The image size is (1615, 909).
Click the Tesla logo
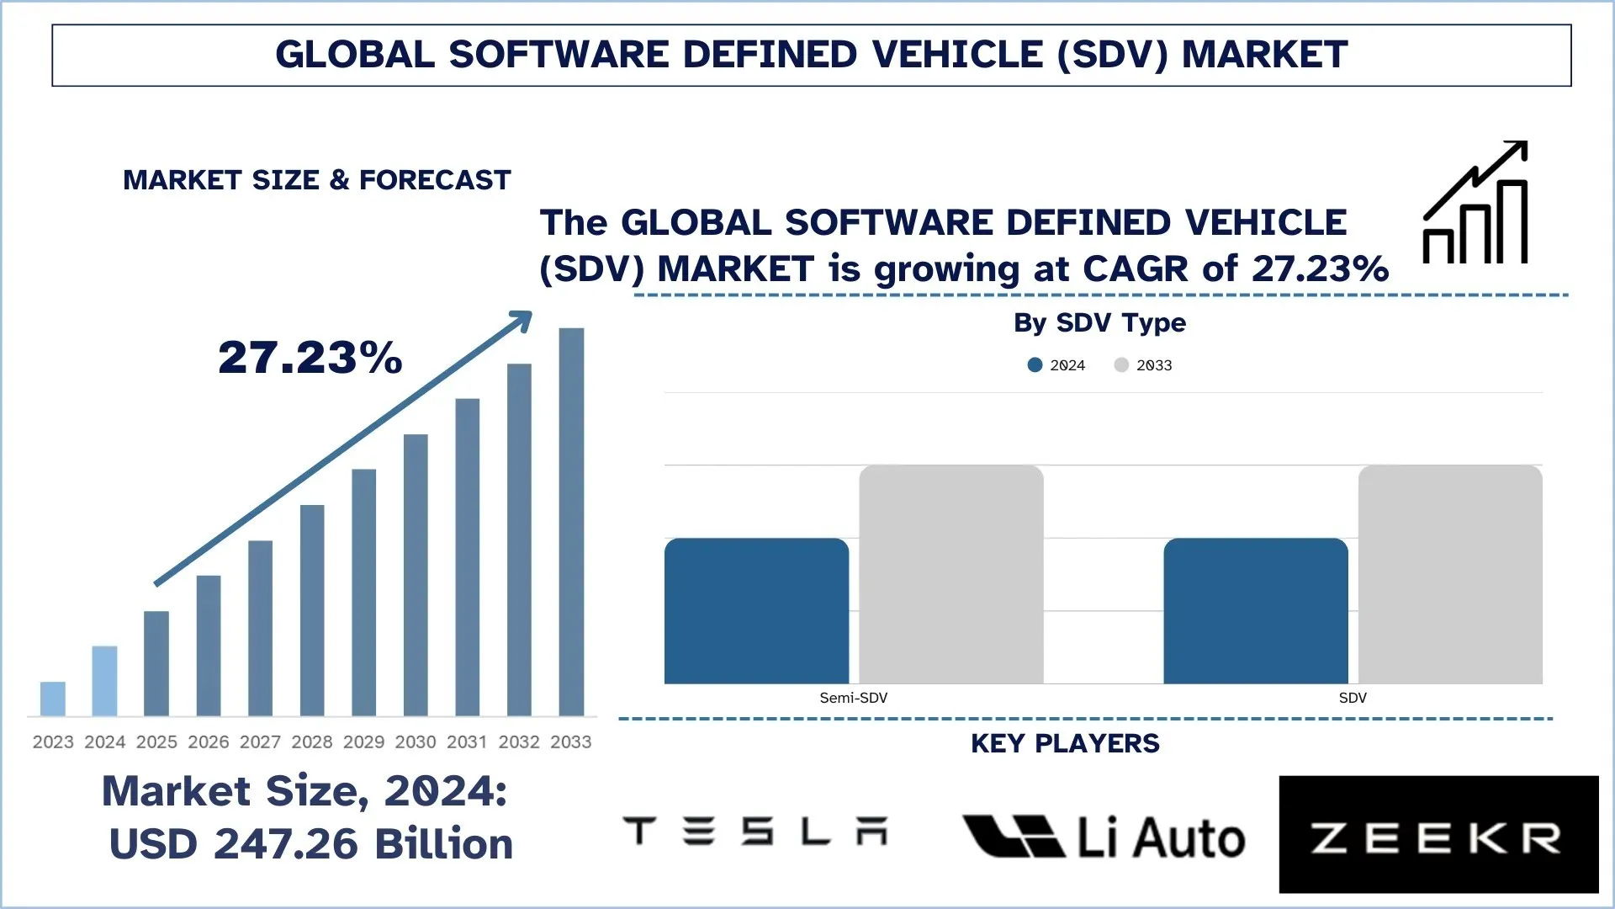click(x=755, y=832)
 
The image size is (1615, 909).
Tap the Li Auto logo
click(x=1103, y=837)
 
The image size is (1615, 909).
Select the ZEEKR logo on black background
click(x=1438, y=835)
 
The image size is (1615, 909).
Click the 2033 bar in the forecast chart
click(x=571, y=522)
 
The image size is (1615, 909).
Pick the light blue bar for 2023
click(x=53, y=699)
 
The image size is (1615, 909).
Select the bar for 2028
click(x=312, y=610)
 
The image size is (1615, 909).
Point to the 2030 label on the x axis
click(x=416, y=742)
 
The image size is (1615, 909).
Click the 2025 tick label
click(x=156, y=742)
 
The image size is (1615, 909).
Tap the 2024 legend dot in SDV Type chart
click(x=1035, y=365)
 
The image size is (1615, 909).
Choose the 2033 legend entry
click(x=1143, y=365)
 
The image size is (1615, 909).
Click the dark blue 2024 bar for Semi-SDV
click(x=756, y=611)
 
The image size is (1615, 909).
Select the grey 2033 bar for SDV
click(x=1449, y=574)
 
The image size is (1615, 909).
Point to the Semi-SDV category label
click(x=853, y=698)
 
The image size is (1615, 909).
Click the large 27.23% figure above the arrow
click(x=310, y=357)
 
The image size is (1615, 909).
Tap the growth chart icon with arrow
click(x=1475, y=204)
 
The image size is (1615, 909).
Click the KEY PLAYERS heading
click(x=1065, y=744)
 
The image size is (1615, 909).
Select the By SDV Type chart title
click(x=1099, y=322)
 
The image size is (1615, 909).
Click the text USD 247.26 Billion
click(x=310, y=844)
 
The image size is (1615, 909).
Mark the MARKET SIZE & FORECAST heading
click(x=316, y=180)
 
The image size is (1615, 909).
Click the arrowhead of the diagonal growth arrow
click(x=523, y=320)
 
